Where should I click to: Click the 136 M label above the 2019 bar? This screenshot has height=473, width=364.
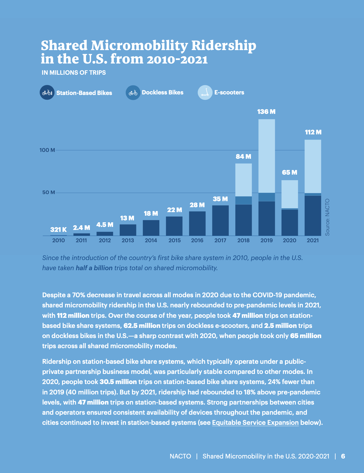266,112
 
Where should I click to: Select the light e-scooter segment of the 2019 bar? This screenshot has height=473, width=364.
266,156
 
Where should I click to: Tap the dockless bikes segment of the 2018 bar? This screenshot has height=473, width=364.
243,200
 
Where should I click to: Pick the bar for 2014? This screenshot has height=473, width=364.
151,228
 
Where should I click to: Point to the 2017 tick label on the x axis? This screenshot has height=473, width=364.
220,240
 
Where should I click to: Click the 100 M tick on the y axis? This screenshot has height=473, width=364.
47,150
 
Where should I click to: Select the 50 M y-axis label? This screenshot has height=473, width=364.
49,192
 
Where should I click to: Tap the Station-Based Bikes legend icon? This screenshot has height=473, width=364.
47,93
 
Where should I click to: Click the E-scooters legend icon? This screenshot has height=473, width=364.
205,93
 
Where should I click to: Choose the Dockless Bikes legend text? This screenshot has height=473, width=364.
163,93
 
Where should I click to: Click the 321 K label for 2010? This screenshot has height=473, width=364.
58,230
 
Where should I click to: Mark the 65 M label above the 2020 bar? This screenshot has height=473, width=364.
289,172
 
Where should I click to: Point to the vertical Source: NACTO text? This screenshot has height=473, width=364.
327,217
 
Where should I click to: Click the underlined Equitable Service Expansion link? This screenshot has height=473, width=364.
255,423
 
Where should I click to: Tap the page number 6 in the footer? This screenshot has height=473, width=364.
343,456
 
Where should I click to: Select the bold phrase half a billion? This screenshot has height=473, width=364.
94,268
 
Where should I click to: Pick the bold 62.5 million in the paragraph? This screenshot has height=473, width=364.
142,326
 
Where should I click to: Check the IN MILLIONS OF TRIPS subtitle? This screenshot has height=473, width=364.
74,73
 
